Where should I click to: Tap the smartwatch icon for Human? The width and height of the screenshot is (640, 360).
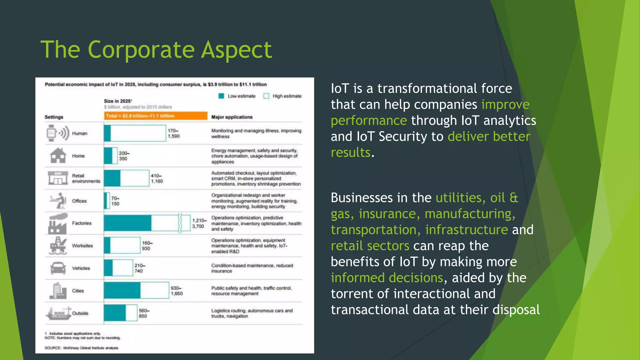pos(52,133)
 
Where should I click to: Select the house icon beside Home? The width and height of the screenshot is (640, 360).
pos(58,155)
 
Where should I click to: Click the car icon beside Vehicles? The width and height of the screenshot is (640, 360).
pos(58,268)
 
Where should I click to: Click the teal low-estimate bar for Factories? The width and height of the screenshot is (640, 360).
pos(127,223)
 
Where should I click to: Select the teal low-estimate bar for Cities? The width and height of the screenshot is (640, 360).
pos(122,290)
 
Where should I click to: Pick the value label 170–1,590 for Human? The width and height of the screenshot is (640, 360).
pos(173,133)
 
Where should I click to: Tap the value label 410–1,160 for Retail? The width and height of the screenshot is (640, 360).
pos(157,178)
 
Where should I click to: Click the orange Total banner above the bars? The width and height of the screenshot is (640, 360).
pos(156,116)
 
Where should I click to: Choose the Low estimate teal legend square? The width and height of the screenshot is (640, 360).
pos(221,96)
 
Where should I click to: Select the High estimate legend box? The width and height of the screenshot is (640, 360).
pos(266,96)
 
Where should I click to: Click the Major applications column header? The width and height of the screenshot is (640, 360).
pos(232,117)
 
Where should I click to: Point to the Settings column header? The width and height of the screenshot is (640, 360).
pos(54,117)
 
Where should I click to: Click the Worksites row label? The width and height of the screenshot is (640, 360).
pos(82,246)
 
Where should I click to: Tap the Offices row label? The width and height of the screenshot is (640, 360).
pos(79,201)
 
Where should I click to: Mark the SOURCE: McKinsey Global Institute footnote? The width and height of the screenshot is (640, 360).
pos(81,348)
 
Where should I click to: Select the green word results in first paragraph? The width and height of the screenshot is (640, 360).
pos(350,153)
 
